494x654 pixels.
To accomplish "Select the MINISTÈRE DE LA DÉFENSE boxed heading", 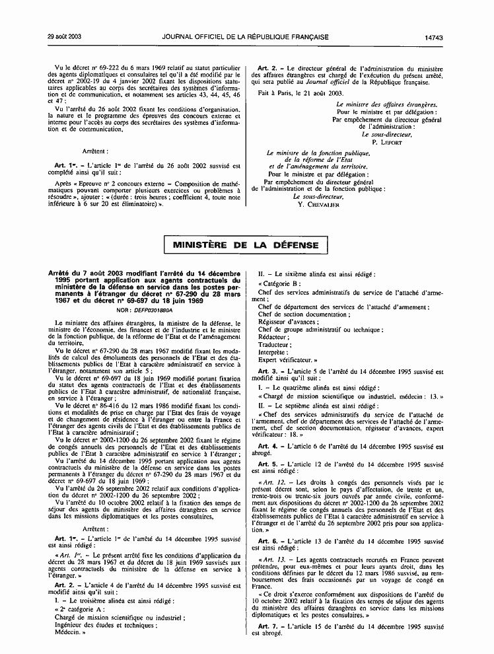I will pos(246,245).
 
